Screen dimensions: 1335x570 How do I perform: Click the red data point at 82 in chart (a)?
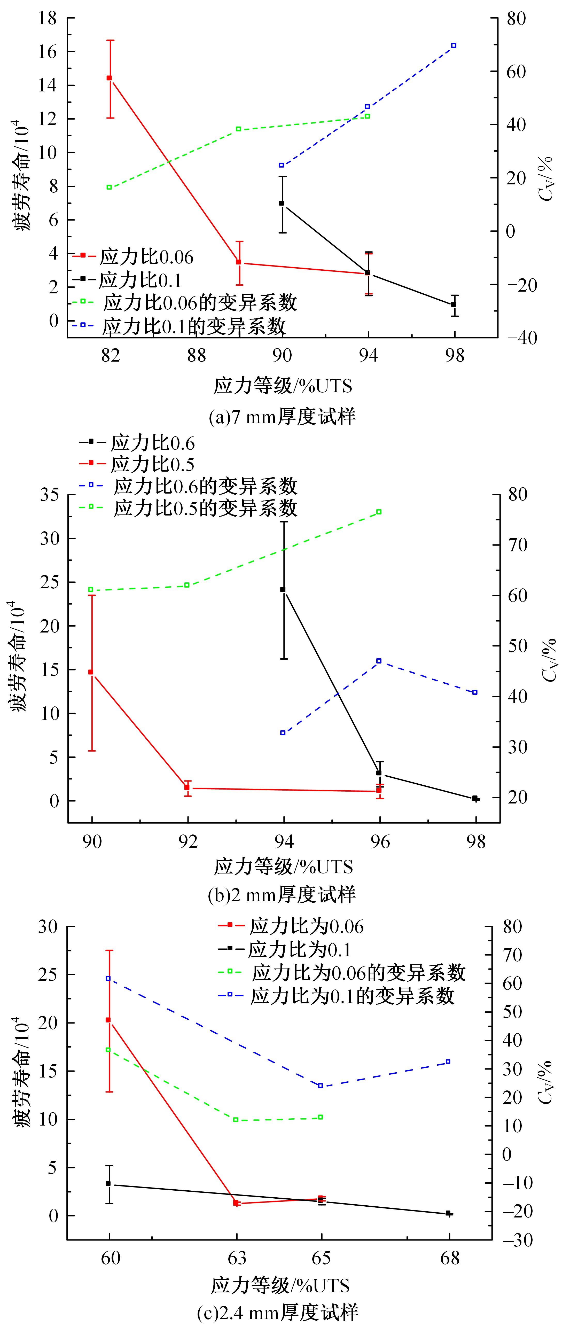click(109, 78)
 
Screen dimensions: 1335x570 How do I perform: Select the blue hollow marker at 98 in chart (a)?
click(454, 46)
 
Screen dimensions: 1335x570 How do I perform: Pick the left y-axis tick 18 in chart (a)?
click(49, 19)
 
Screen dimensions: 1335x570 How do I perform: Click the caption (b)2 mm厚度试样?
click(282, 895)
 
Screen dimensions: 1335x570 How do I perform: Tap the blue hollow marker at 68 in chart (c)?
click(448, 1062)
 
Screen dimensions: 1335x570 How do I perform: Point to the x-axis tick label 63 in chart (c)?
click(237, 1259)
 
